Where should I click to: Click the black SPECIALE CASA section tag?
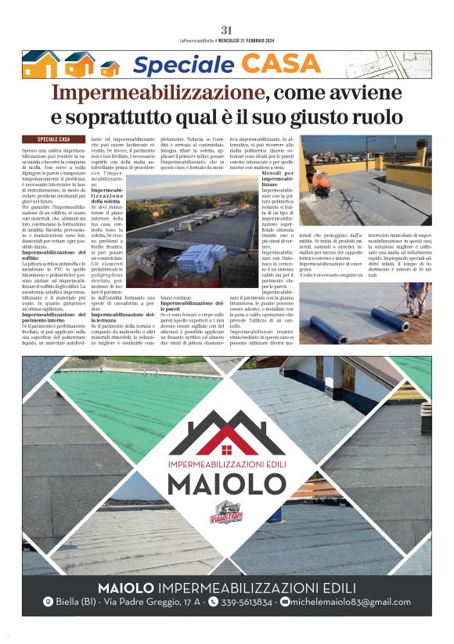pos(53,139)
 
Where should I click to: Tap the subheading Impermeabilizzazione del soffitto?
pos(53,257)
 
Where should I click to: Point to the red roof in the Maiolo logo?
pos(226,435)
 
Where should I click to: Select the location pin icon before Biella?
pos(48,602)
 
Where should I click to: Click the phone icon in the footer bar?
pos(213,602)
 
